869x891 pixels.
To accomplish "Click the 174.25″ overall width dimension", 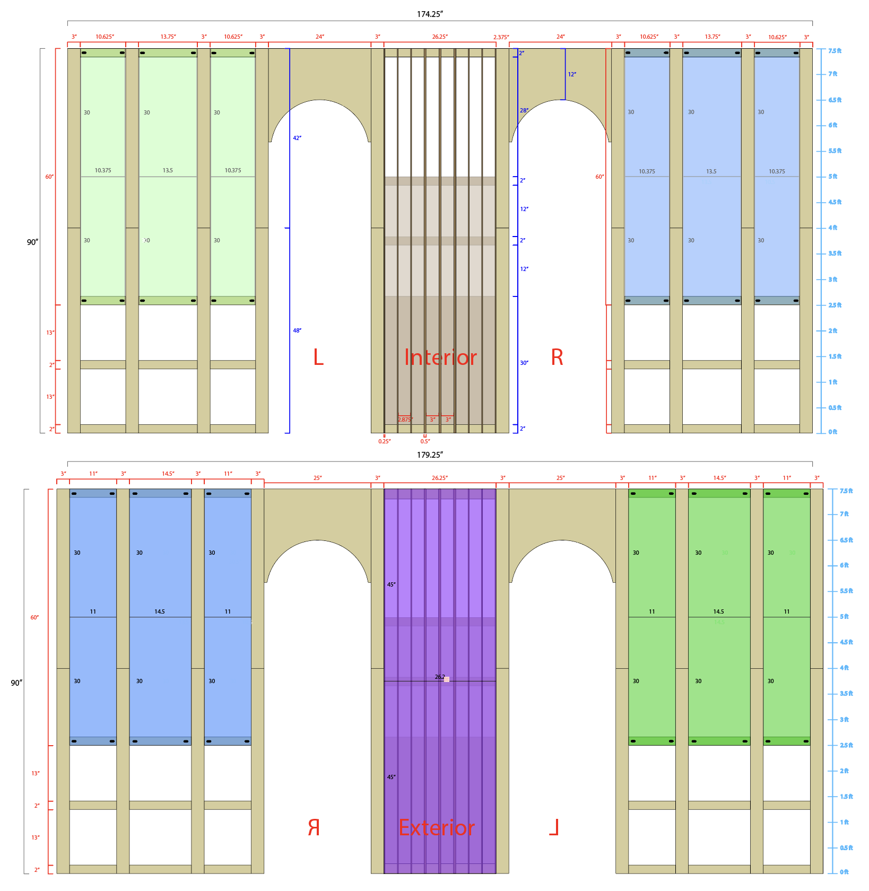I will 429,14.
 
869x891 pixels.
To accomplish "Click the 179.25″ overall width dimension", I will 429,455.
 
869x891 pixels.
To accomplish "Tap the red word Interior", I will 440,357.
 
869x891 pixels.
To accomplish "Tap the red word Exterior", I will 437,828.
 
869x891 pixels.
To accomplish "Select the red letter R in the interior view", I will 557,357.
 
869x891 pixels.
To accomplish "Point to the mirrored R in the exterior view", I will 314,828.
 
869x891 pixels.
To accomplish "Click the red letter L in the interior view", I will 318,357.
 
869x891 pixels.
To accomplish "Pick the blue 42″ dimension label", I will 297,138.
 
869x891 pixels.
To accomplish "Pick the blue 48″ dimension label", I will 297,330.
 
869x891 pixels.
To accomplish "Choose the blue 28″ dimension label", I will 524,110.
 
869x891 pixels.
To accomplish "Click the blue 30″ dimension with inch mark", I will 524,363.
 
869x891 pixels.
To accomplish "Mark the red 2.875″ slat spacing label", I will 405,420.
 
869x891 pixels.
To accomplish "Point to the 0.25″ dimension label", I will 385,441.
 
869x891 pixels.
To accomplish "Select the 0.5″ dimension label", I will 425,441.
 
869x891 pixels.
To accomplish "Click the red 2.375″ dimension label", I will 501,37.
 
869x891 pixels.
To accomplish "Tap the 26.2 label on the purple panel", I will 440,677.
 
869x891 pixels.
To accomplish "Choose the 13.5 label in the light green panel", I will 168,170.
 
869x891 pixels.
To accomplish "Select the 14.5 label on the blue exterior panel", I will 160,612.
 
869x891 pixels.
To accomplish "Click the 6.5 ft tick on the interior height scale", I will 835,100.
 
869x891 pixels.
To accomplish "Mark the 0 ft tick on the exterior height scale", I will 844,872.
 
